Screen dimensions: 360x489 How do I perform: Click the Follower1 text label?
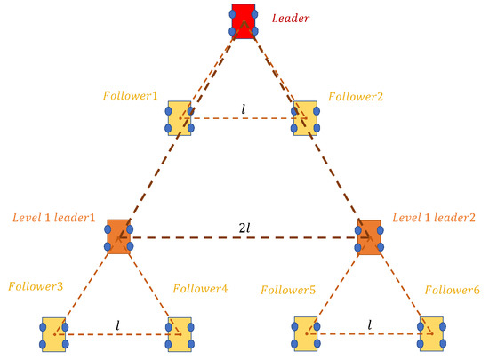131,95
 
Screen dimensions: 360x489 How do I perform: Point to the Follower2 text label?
357,95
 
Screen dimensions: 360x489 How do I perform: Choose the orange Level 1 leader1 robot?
119,236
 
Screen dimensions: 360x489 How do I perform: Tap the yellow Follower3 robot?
53,333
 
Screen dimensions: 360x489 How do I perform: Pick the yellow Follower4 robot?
180,333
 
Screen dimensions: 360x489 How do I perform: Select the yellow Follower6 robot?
432,333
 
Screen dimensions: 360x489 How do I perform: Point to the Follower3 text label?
36,286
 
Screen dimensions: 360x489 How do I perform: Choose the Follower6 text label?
453,289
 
